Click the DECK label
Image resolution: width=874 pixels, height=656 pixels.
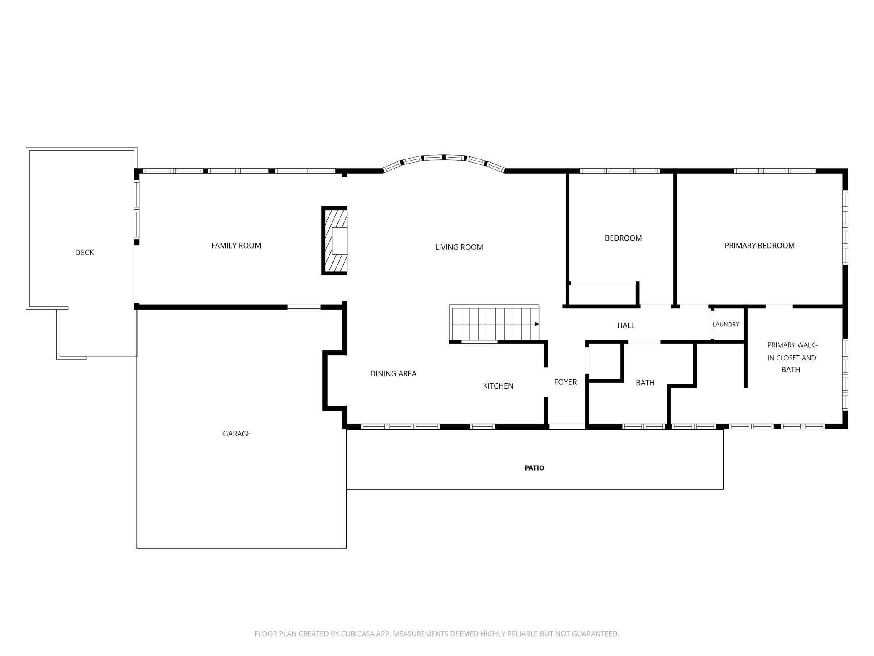84,252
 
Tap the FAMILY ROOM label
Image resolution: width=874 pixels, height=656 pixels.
236,246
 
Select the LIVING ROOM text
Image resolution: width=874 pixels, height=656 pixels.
459,247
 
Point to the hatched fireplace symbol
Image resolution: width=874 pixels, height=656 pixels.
334,241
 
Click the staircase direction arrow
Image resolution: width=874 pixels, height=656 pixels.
537,324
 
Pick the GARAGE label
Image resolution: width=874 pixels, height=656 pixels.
237,434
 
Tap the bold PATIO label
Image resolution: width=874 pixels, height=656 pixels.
534,468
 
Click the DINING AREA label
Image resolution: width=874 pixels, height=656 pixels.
393,373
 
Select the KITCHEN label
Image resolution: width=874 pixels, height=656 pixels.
498,386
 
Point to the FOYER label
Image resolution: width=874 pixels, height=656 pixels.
565,382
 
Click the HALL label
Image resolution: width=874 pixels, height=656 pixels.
626,325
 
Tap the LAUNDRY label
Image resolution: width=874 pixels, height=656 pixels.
726,324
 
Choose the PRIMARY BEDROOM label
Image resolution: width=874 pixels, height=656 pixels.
759,246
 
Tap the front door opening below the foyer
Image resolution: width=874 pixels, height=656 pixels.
567,426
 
